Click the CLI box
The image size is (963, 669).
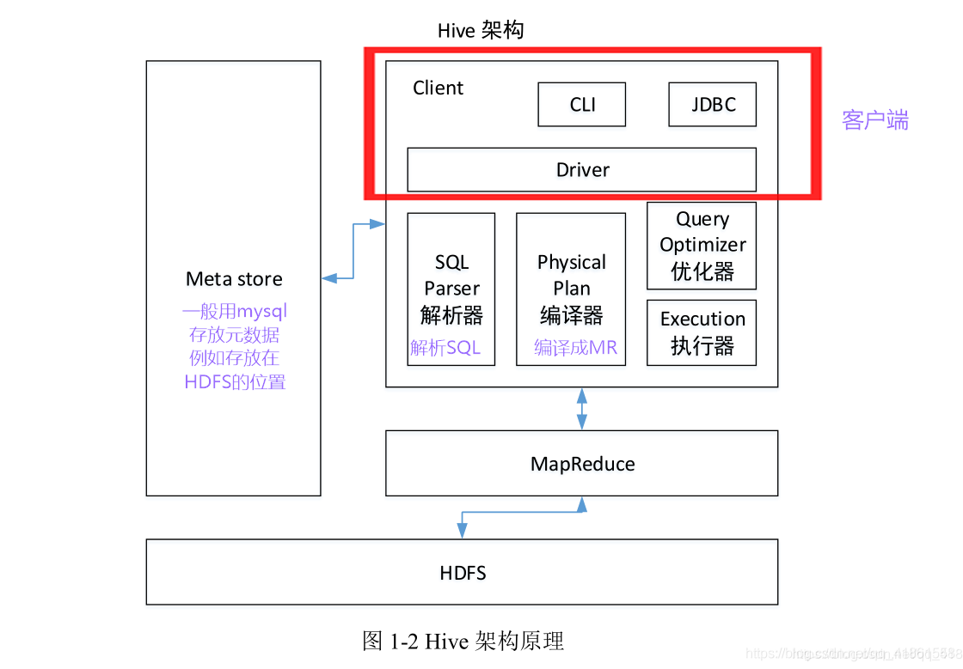tap(582, 105)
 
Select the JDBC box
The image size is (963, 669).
tap(713, 105)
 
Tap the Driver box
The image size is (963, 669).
tap(581, 169)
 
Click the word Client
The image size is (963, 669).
tap(438, 88)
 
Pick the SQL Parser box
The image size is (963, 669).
tap(451, 289)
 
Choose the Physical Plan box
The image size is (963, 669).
tap(571, 289)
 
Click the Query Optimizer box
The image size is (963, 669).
tap(702, 246)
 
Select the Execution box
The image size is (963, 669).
tap(702, 332)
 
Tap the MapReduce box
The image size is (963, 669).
tap(581, 464)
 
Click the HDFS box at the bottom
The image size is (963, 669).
tap(462, 572)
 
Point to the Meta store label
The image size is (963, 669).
tap(234, 279)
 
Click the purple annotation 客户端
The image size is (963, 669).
tap(874, 120)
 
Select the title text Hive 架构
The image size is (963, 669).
tap(480, 31)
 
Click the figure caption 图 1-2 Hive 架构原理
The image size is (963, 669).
tap(463, 641)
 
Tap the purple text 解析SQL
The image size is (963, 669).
tap(445, 348)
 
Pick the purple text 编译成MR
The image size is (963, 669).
tap(575, 348)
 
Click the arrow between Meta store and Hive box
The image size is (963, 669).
tap(353, 251)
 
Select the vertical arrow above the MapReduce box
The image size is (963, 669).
tap(582, 409)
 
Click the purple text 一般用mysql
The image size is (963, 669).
tap(234, 311)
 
